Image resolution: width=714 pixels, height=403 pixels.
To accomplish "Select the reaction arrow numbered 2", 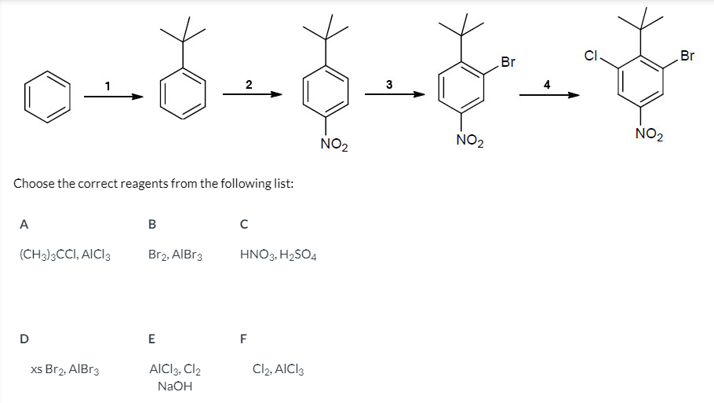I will pos(251,96).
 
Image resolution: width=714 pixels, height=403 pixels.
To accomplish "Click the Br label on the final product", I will pos(687,56).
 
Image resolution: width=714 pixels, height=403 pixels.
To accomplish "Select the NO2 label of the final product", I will pos(649,135).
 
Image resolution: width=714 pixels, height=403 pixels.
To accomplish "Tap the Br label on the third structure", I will pos(508,62).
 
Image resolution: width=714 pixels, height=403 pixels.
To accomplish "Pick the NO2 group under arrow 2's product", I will pos(335,145).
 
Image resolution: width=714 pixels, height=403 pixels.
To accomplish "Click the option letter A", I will pos(24,223).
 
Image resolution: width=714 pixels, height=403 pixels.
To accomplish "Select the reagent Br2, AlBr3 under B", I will pos(175,255).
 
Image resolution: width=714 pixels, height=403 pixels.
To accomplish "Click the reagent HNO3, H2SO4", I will pos(278,255).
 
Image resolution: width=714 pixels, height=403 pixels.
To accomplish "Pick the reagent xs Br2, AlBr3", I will pos(64,368).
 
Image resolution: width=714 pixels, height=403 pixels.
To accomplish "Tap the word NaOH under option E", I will pos(175,386).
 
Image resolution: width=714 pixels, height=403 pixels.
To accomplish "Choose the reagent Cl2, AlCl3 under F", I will pos(278,368).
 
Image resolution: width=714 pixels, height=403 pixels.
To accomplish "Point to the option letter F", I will pos(243,339).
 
